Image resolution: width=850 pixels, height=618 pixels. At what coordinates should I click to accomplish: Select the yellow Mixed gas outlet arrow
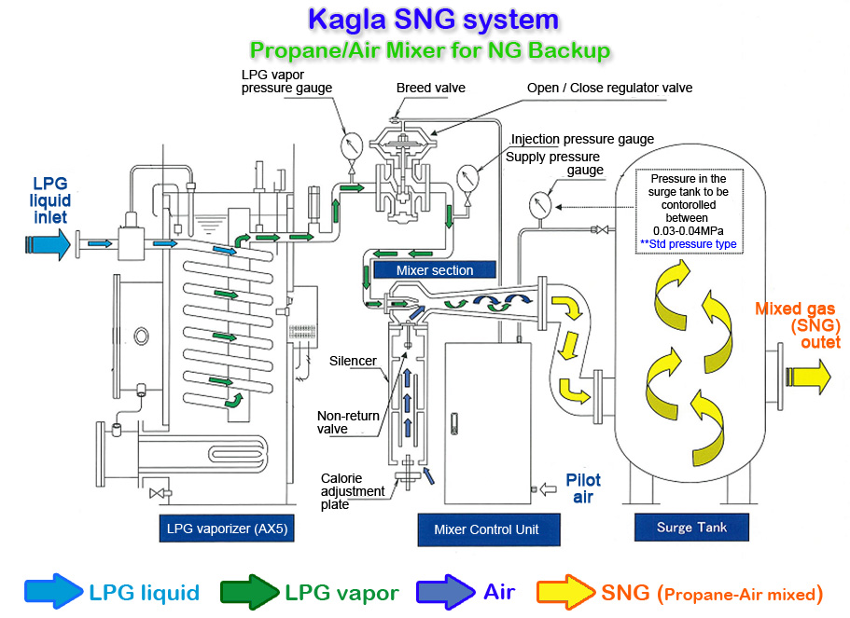point(807,376)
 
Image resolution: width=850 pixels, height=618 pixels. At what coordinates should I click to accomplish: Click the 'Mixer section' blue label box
point(435,270)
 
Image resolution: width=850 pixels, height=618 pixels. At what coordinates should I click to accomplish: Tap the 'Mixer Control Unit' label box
point(486,529)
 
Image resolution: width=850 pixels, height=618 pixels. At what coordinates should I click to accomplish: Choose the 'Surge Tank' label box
point(691,528)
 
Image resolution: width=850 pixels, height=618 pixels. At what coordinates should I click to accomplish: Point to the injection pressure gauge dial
point(468,177)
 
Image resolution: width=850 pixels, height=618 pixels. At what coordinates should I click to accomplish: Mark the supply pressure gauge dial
point(539,203)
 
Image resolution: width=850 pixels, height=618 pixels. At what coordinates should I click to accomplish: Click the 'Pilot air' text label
point(583,488)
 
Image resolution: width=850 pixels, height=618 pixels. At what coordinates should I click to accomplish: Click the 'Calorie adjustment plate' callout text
point(353,491)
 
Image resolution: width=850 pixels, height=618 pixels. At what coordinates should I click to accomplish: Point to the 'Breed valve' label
point(430,89)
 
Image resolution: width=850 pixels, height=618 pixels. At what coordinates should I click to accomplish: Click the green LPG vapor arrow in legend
point(250,593)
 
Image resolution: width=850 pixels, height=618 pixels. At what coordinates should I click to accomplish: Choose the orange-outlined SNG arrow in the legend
point(565,593)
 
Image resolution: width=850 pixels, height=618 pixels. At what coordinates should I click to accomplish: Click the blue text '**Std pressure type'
point(688,244)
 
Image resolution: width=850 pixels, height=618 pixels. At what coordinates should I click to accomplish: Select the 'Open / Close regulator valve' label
point(609,89)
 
